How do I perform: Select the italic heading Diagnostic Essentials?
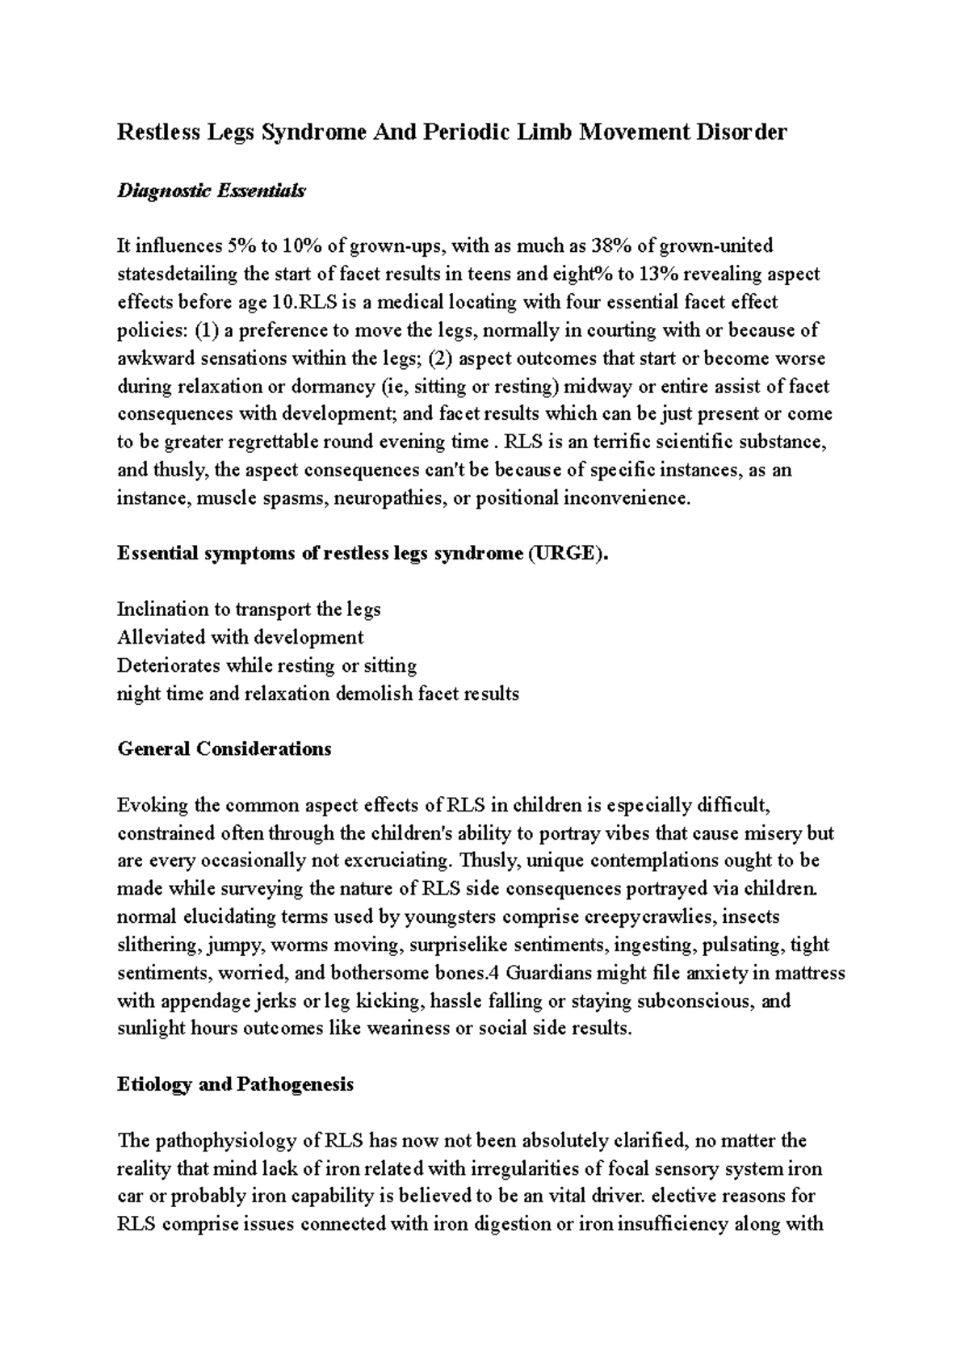212,191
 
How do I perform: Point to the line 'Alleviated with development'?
240,638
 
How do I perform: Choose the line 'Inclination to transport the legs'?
249,610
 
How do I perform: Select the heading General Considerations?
224,748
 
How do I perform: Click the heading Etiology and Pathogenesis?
235,1084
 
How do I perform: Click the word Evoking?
149,805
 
